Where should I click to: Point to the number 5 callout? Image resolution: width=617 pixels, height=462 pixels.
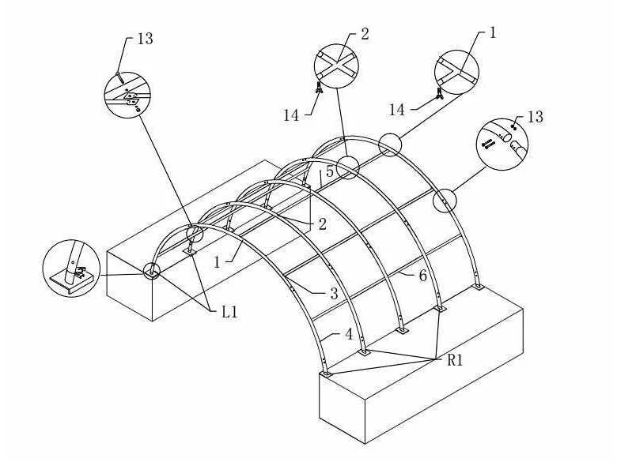tap(330, 170)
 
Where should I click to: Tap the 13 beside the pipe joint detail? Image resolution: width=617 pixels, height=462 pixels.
tap(536, 117)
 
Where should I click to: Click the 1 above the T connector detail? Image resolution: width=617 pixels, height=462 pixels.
tap(493, 34)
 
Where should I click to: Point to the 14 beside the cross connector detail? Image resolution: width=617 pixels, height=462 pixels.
tap(291, 115)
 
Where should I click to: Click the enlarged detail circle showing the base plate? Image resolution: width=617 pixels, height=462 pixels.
tap(72, 269)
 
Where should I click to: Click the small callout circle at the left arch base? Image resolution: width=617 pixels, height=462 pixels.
tap(151, 271)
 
